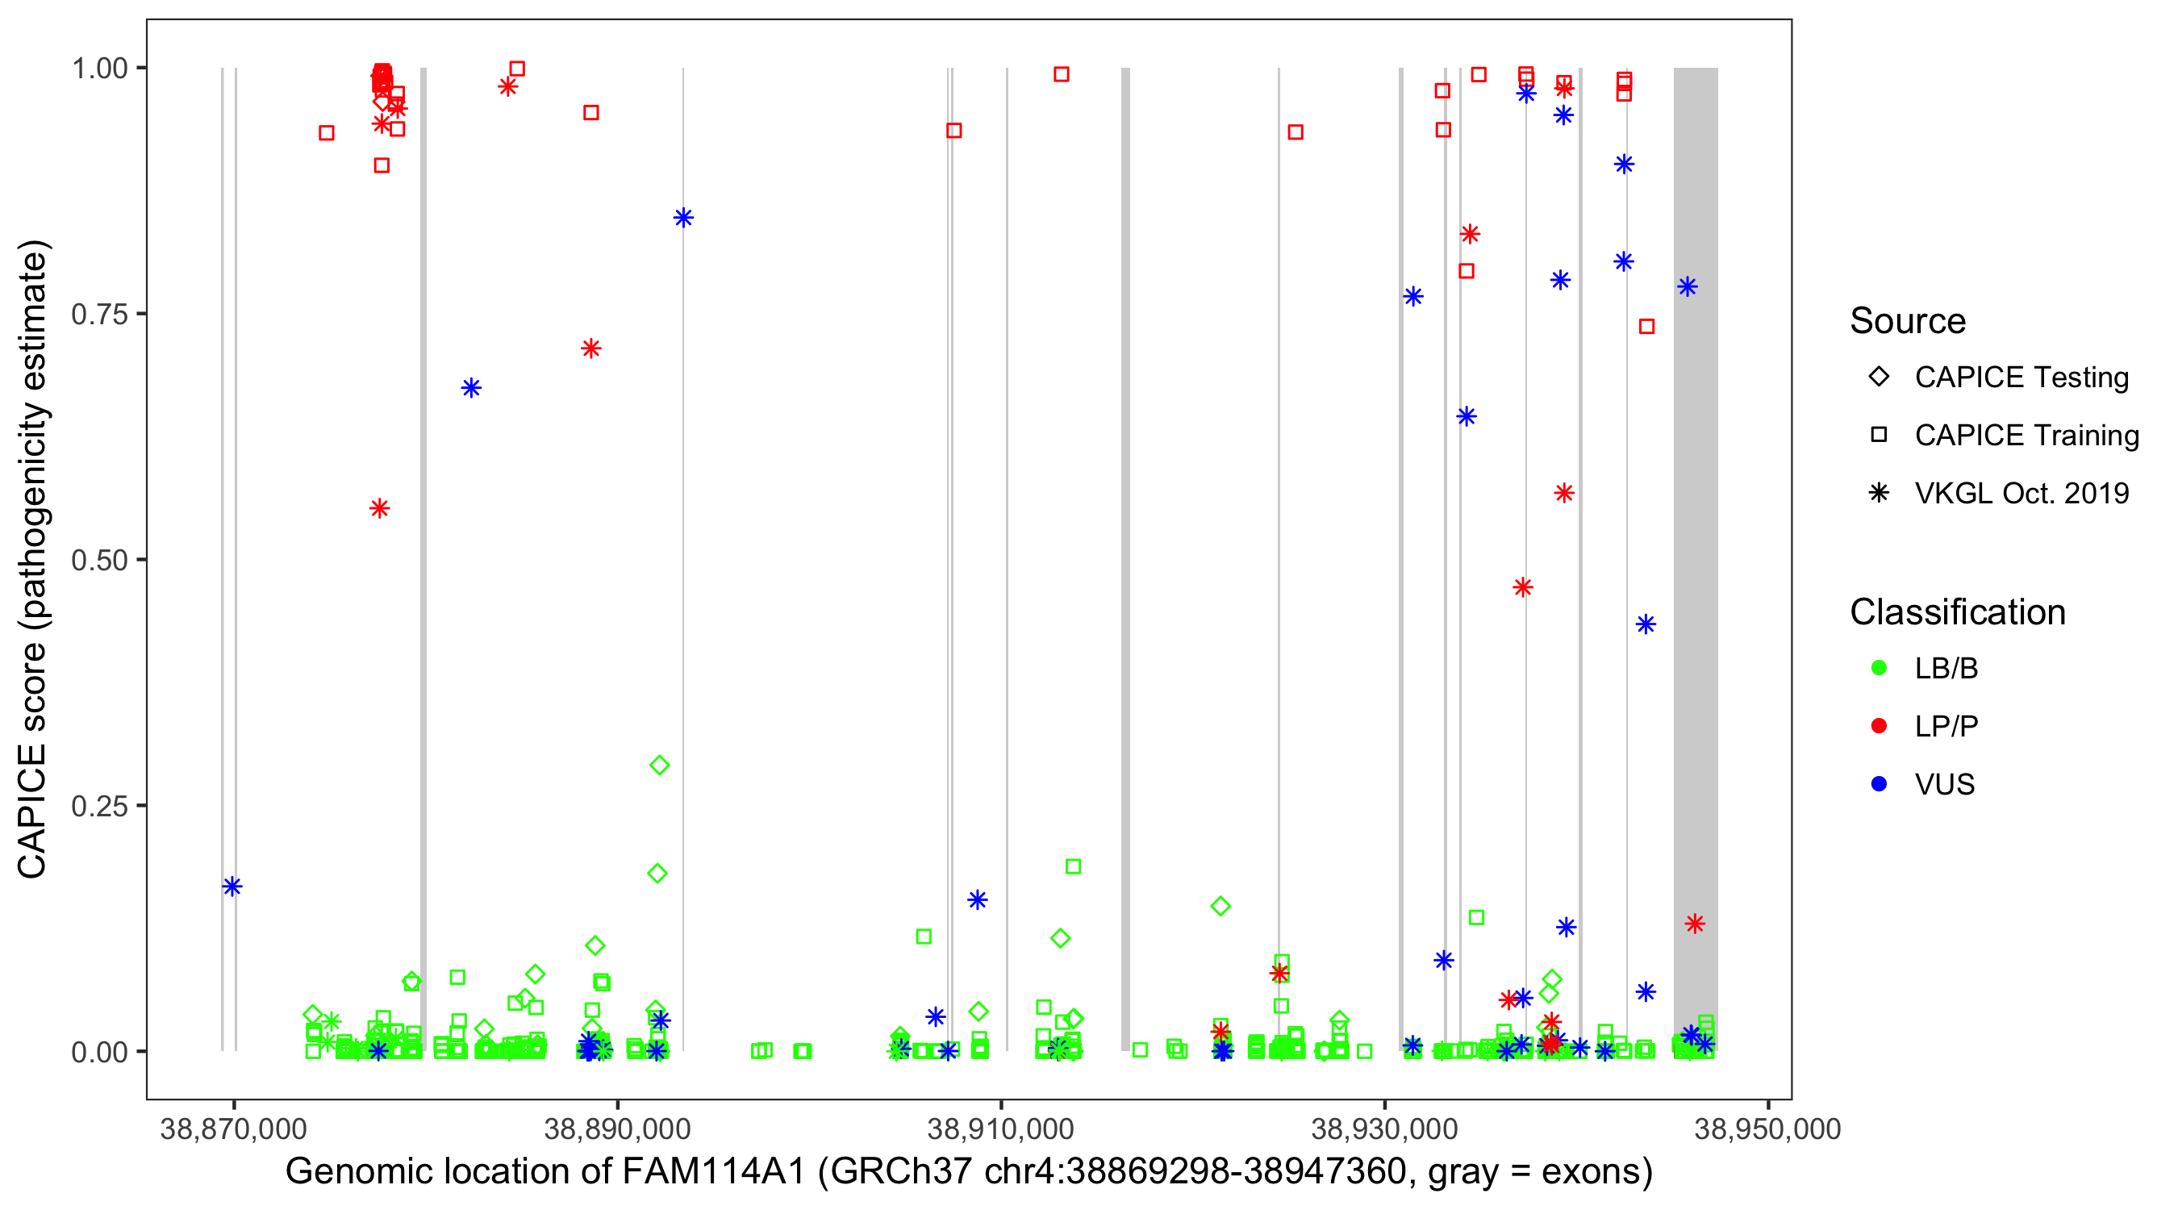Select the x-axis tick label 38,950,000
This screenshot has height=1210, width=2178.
(1767, 1129)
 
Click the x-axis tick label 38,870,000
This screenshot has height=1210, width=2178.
(233, 1129)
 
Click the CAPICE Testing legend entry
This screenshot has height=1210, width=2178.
(2021, 378)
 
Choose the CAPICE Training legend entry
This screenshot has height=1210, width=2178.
(2026, 436)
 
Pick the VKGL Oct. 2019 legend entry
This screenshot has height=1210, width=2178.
(2021, 493)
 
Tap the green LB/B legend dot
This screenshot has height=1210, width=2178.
(1879, 668)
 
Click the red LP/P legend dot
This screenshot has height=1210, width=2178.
(1879, 726)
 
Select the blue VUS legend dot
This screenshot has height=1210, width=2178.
(1879, 784)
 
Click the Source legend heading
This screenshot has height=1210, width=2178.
(1908, 321)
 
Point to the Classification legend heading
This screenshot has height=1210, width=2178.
(1957, 612)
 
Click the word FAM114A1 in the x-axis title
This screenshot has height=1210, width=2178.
(714, 1172)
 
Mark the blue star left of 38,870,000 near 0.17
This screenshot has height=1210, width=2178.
(232, 887)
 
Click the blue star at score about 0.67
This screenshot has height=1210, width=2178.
(471, 388)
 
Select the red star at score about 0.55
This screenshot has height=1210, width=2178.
(380, 508)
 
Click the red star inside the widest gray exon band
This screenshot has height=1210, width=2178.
(1694, 924)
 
